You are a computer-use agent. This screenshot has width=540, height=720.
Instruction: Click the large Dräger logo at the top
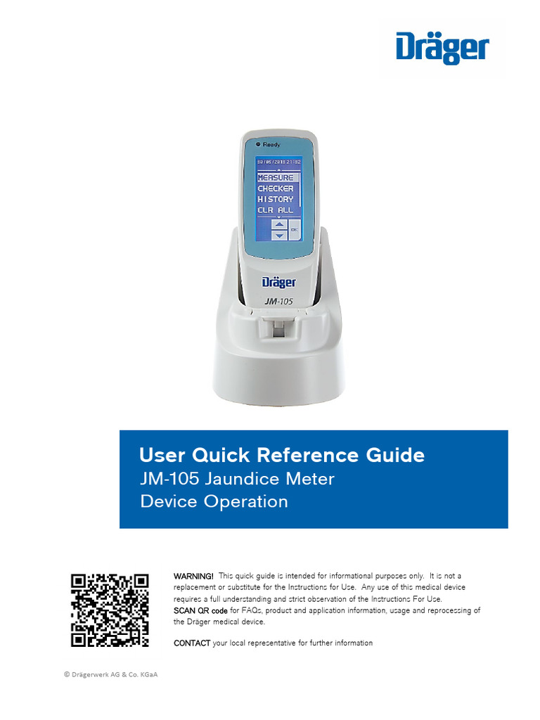[x=442, y=49]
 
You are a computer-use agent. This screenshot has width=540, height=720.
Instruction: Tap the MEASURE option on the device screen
[x=276, y=178]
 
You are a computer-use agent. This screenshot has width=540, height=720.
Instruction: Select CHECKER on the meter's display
[x=276, y=188]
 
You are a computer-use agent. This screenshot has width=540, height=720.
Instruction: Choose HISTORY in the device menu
[x=276, y=199]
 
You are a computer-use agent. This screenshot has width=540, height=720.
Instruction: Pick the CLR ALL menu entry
[x=276, y=210]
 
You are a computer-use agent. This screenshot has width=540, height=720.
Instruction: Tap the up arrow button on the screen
[x=279, y=224]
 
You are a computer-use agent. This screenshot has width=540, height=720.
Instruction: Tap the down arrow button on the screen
[x=279, y=236]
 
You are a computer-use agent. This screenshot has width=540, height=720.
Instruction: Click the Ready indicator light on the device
[x=259, y=143]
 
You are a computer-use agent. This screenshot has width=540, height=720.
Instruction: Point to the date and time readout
[x=278, y=162]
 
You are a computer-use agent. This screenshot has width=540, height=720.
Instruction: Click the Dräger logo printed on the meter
[x=278, y=282]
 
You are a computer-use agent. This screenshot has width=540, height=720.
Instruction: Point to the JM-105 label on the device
[x=279, y=300]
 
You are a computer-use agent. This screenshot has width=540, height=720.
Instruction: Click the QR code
[x=110, y=610]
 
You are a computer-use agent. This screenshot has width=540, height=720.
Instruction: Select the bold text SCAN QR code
[x=200, y=610]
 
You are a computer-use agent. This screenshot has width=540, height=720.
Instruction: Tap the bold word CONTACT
[x=192, y=643]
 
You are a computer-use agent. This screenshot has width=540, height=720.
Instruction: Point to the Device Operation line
[x=214, y=502]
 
